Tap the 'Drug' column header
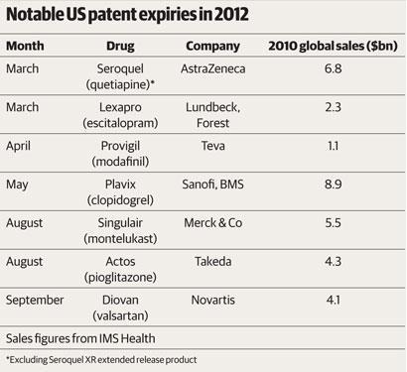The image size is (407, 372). [120, 46]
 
